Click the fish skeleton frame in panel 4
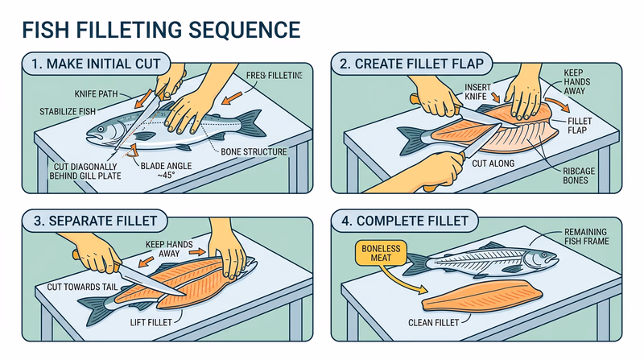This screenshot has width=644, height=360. click(x=491, y=260)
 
